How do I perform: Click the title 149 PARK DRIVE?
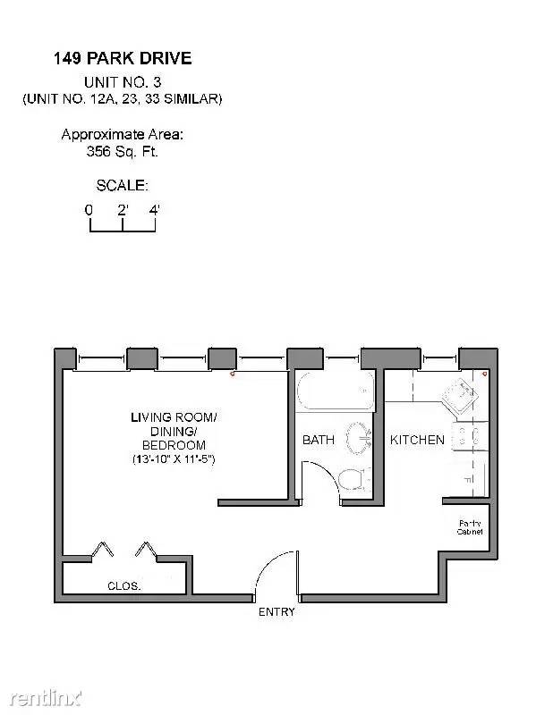123,58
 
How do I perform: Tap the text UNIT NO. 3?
123,82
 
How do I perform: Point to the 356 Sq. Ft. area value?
122,151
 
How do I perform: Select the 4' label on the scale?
154,210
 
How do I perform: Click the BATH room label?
319,440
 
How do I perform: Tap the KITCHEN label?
417,440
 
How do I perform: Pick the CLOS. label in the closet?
124,586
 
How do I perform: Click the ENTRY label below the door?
276,612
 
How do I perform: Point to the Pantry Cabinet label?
470,527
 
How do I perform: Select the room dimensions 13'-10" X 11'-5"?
174,459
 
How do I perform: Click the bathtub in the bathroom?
336,391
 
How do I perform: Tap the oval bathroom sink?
358,439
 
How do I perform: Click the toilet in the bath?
354,479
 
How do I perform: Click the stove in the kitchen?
470,436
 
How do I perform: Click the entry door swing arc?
269,567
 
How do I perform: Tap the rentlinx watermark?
46,698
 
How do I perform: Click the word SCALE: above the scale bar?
122,186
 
